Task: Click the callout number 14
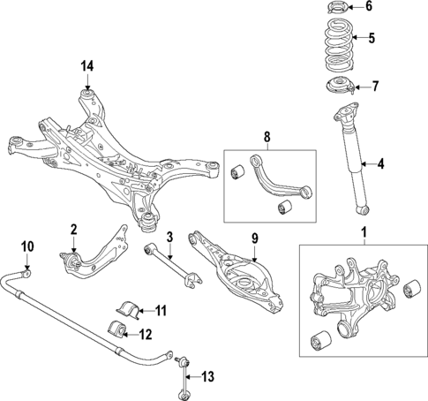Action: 86,66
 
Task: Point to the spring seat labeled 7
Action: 336,87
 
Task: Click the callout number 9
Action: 255,237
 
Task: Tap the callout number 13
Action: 208,376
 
